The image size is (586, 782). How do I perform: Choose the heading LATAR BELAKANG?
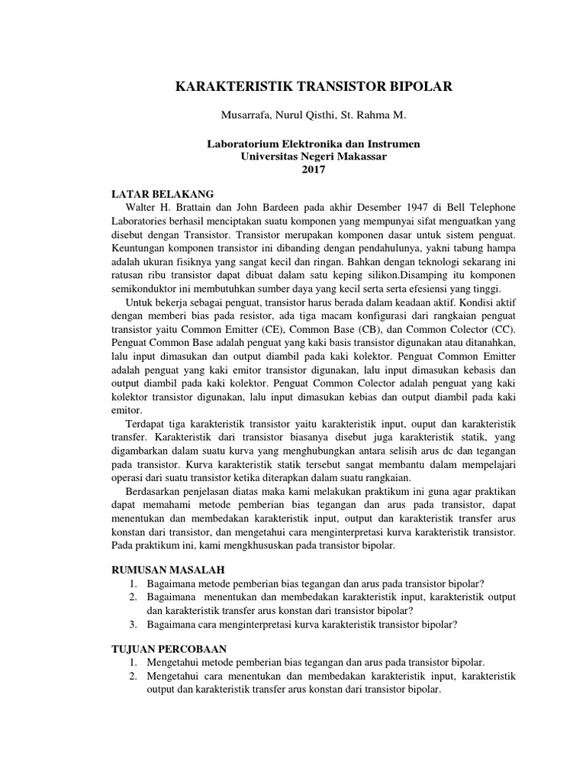(x=163, y=194)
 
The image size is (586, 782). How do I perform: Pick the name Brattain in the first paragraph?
(x=206, y=208)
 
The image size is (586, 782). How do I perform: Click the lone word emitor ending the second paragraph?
(x=127, y=410)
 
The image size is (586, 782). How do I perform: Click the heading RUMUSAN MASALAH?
(x=168, y=570)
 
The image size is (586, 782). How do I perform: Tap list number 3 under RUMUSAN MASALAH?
(x=133, y=625)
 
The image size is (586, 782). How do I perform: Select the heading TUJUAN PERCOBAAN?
(x=169, y=648)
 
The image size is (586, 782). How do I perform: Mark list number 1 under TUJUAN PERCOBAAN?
(x=133, y=662)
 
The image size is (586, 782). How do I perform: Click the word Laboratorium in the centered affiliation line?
(x=244, y=144)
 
